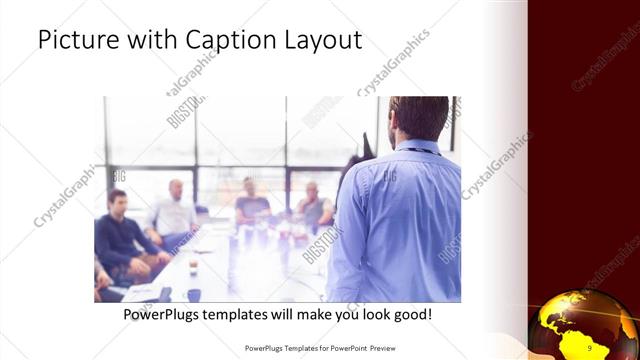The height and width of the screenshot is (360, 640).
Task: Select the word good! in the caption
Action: pos(411,315)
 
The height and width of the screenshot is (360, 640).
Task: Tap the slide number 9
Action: pos(590,347)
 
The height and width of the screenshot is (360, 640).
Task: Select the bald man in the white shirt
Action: pos(176,210)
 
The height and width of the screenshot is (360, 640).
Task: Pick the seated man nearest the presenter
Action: pos(314,204)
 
